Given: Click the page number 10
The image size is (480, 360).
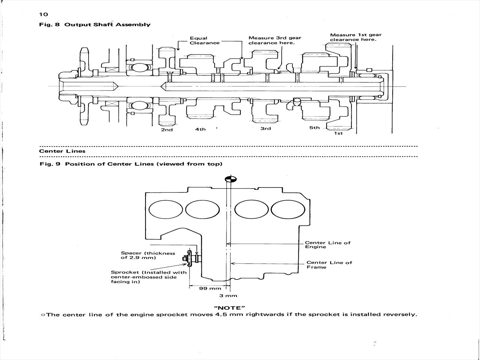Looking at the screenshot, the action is tap(43, 14).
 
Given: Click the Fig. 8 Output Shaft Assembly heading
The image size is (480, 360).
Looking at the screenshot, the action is tap(95, 24).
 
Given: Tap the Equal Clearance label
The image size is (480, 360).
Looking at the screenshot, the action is tap(204, 40).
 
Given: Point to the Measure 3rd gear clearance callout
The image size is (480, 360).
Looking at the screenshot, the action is tap(274, 40).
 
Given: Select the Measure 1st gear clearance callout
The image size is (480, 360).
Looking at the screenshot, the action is tap(355, 37).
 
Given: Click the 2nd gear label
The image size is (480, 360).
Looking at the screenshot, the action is tap(167, 130).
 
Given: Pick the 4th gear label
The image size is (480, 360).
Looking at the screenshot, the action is tap(200, 129).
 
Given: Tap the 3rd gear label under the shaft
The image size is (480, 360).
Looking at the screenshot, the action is tap(265, 129).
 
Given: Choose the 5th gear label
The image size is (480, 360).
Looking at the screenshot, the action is tap(314, 127).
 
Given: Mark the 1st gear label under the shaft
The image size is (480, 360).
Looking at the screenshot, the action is tap(338, 133).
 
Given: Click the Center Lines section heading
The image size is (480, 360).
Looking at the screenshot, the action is tap(62, 151).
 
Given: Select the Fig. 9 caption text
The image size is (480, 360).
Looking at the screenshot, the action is tap(131, 164).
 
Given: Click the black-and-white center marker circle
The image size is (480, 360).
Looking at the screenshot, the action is tap(231, 179).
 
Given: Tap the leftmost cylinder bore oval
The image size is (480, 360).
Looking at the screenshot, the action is tap(166, 209).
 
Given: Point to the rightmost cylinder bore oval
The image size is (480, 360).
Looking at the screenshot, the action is tap(288, 209).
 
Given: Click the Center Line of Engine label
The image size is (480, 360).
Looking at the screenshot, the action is tap(328, 245).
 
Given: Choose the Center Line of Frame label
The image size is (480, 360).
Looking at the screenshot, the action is tap(329, 265).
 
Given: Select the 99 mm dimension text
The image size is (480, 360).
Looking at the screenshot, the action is tap(210, 288).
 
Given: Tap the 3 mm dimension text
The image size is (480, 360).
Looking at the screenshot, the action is tap(228, 296).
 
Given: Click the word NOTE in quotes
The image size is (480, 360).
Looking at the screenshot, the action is tap(229, 308).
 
